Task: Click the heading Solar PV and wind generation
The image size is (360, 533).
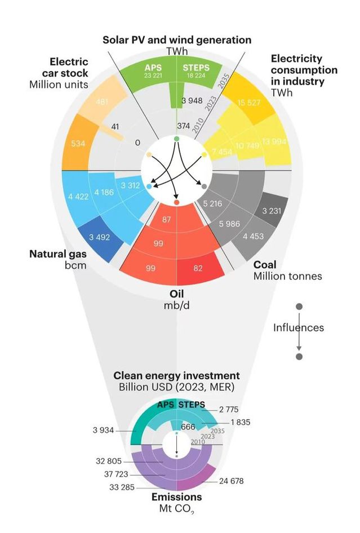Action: [177, 40]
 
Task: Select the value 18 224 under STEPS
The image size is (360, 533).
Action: [196, 75]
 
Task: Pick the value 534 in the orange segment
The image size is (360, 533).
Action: [78, 144]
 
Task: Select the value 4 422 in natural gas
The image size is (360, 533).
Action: [78, 197]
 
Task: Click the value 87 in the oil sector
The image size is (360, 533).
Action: [167, 219]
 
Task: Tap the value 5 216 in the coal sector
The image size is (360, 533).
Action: [212, 203]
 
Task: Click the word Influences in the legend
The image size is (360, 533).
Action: [299, 327]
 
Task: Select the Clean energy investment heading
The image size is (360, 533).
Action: [176, 375]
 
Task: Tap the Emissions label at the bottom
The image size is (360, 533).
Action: [176, 498]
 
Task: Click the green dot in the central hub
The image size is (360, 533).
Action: [176, 139]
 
